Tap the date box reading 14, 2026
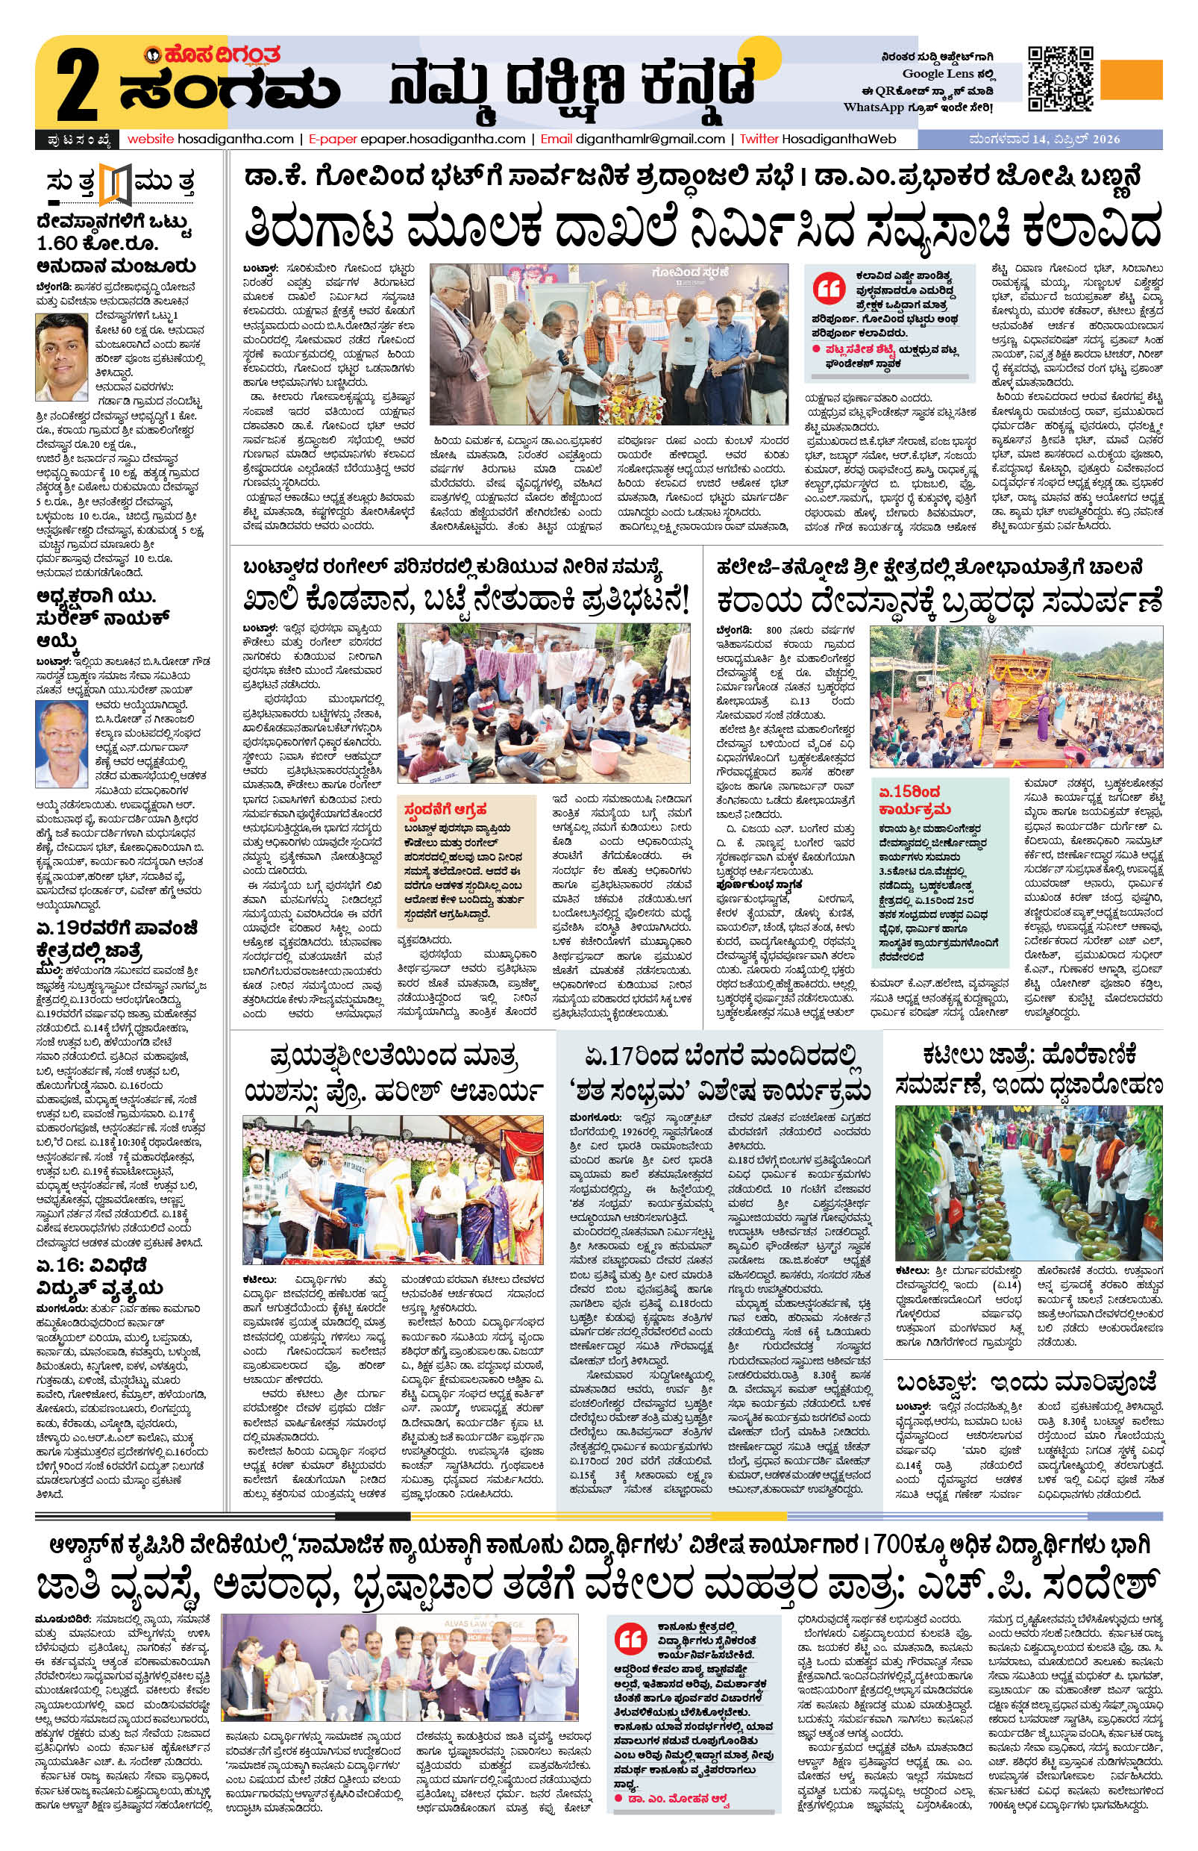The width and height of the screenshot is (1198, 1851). point(1042,140)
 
